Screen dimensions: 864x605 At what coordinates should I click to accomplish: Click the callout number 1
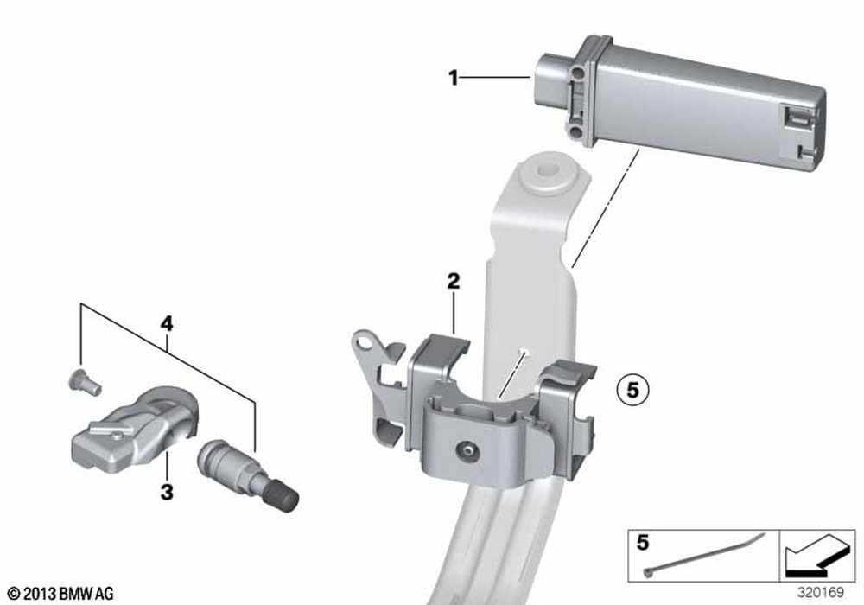pos(453,78)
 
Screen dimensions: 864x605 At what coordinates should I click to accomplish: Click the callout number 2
pos(453,282)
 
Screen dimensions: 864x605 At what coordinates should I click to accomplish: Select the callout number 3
pos(167,492)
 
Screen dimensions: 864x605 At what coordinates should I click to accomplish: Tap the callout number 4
pos(167,323)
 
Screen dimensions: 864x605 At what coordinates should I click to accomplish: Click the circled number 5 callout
pos(632,390)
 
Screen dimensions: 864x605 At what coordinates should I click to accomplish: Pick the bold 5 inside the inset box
pos(643,543)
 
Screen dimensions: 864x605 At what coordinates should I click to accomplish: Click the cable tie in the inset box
pos(704,554)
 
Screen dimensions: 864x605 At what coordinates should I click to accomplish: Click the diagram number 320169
pos(821,593)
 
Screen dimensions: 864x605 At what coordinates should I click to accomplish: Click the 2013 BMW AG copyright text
pos(61,594)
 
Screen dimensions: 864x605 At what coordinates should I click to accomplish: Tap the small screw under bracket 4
pos(85,382)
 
